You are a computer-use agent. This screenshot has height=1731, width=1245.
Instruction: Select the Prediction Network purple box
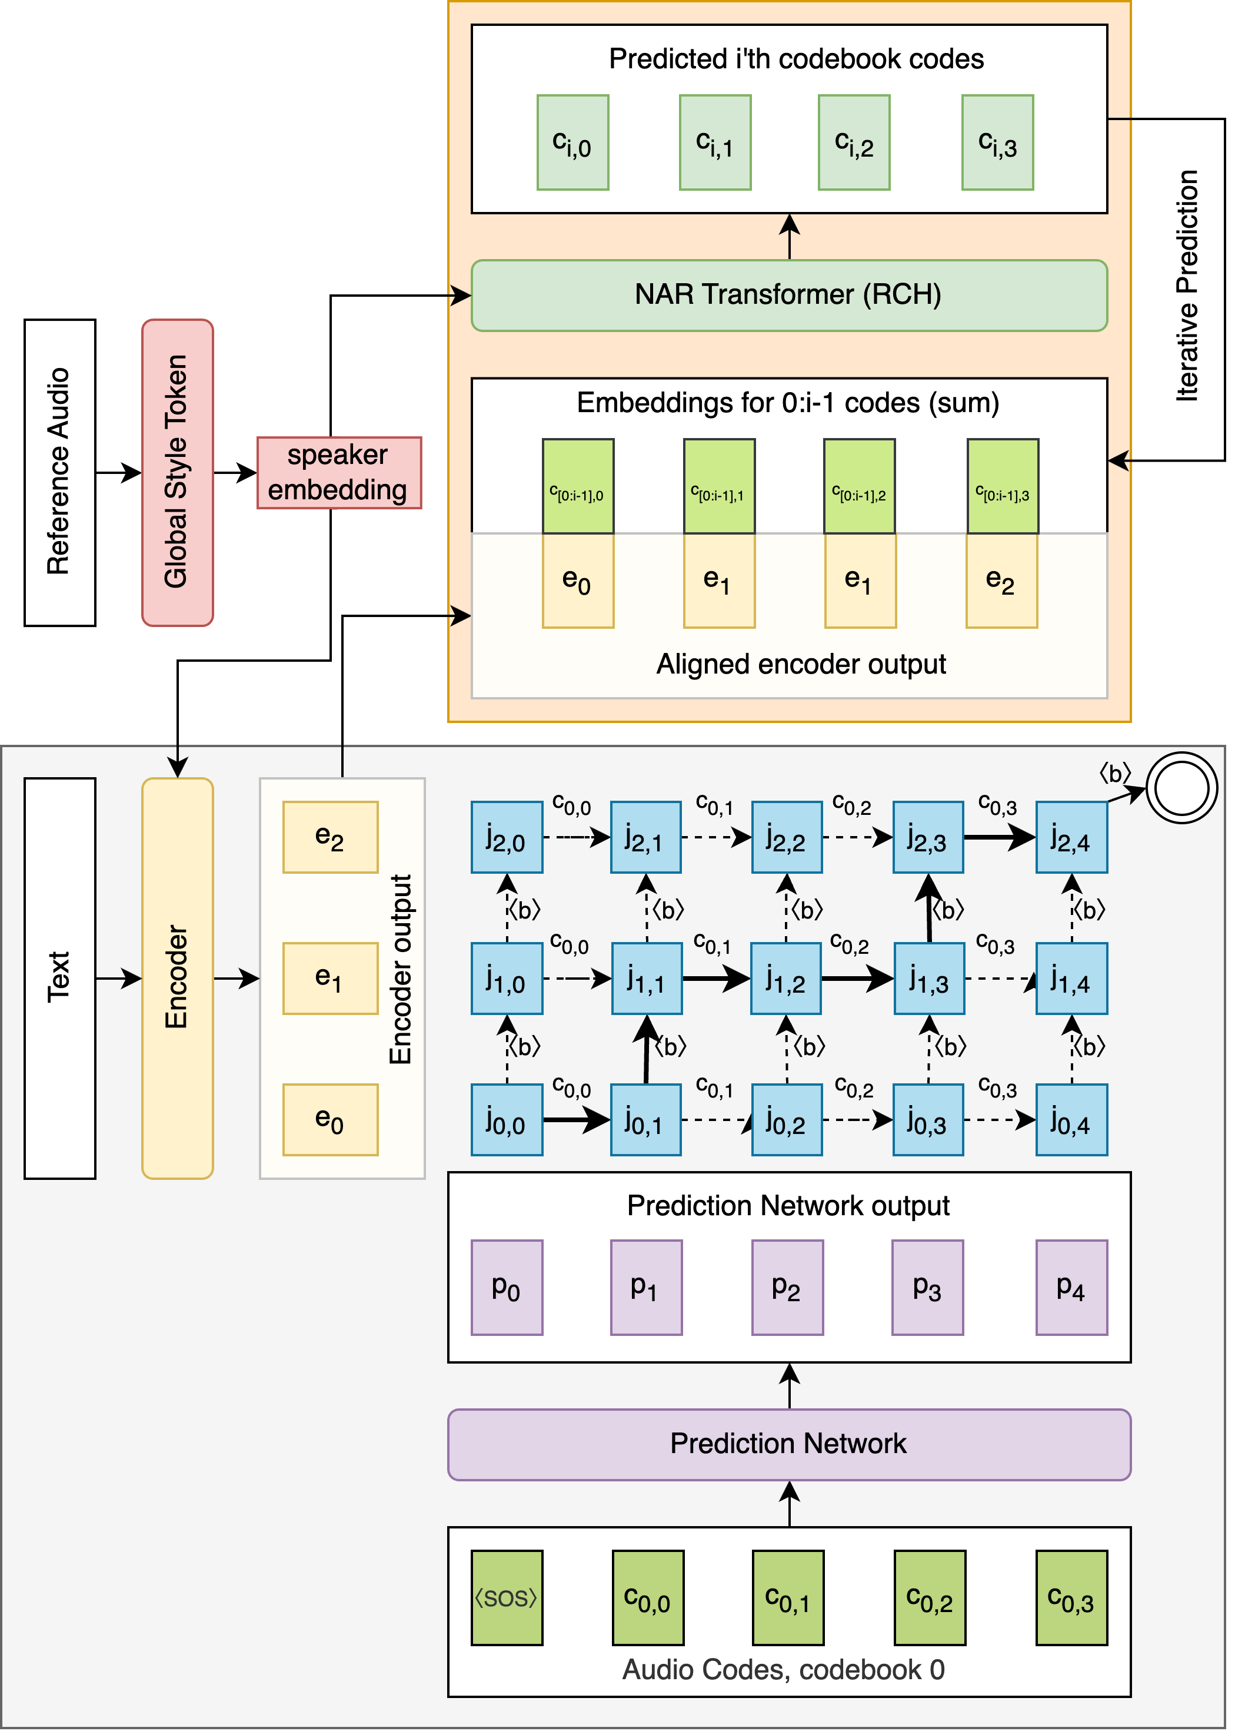pos(789,1444)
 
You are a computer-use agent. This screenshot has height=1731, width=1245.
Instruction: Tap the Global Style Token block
pos(177,472)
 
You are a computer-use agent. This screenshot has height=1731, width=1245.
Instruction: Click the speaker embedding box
pos(339,472)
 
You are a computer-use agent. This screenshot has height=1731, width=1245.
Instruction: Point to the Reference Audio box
pos(59,472)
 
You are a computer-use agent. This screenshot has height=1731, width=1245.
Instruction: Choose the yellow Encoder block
pos(177,978)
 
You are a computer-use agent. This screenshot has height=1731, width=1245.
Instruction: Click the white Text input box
pos(59,978)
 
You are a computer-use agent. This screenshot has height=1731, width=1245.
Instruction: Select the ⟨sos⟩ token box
pos(507,1597)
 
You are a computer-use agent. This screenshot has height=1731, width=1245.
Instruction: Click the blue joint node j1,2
pos(785,978)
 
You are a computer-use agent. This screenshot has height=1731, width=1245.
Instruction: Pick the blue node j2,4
pos(1071,837)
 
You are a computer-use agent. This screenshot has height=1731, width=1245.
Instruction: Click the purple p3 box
pos(928,1287)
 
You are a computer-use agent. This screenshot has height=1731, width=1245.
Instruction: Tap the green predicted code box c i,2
pos(854,142)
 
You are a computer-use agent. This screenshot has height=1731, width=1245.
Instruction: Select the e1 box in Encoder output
pos(329,978)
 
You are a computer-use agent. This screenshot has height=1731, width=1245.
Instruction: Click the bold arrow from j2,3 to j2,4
pos(1000,837)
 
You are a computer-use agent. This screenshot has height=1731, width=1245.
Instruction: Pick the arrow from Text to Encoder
pos(118,978)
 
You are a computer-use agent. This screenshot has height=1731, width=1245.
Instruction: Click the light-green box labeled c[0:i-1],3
pos(1003,486)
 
